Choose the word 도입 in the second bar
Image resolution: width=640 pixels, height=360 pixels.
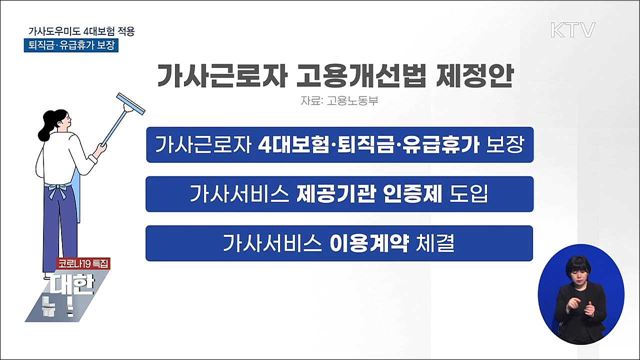coord(462,192)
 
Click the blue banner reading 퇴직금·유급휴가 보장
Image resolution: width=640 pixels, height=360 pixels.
coord(71,48)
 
